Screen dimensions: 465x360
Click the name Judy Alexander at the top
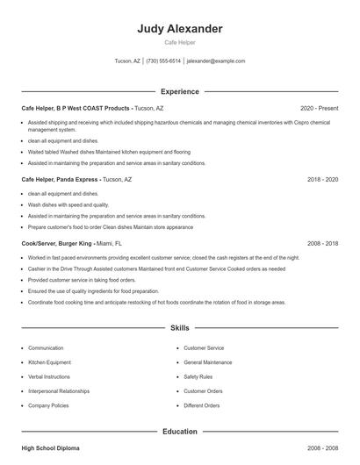click(180, 29)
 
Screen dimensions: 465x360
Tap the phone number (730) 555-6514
click(163, 61)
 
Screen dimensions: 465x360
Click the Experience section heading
click(180, 91)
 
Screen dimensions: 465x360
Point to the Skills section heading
click(180, 328)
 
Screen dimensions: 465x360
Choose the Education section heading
click(180, 431)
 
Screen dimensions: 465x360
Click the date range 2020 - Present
click(319, 108)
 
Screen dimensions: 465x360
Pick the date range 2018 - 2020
click(323, 179)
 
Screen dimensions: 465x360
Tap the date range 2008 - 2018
click(323, 243)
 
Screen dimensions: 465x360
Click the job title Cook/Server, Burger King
click(57, 243)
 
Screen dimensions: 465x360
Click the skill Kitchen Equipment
click(50, 362)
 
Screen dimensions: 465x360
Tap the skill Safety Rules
click(198, 376)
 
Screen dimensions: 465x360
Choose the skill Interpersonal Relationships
click(59, 391)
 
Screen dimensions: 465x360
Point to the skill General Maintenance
click(208, 362)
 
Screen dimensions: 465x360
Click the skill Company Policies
click(48, 405)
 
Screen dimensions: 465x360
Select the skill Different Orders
click(202, 405)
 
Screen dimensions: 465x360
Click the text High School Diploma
click(50, 447)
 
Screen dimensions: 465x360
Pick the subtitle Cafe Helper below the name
click(180, 42)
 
